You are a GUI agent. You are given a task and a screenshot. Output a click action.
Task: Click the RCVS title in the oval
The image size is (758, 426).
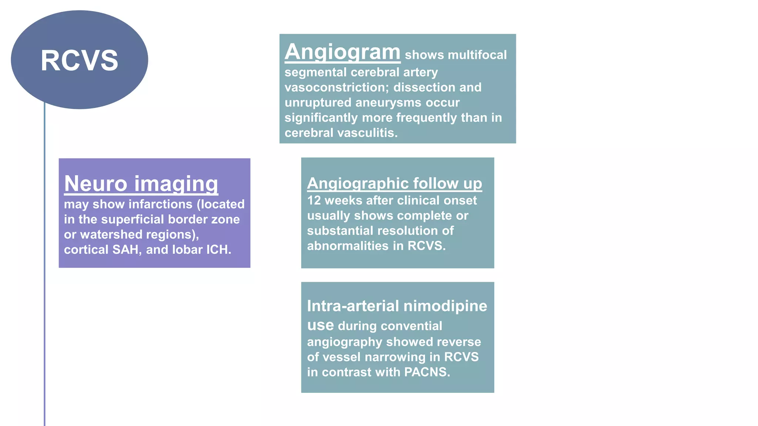[79, 61]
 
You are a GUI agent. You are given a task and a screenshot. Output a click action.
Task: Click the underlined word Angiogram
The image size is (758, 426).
[342, 52]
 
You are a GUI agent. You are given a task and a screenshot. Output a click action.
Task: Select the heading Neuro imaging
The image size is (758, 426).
[141, 183]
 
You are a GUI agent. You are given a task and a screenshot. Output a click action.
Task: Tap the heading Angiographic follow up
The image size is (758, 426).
[394, 183]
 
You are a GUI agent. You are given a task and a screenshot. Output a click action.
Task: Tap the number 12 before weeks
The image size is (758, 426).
[314, 200]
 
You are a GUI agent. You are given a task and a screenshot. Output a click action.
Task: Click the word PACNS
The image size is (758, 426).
[427, 372]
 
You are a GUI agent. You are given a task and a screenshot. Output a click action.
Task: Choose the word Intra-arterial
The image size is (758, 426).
[353, 306]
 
